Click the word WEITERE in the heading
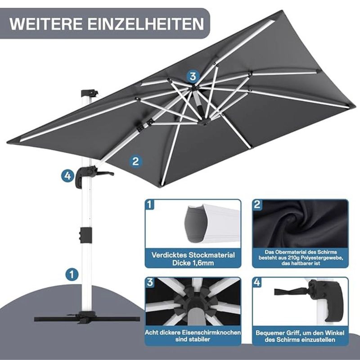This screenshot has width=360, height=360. click(x=46, y=24)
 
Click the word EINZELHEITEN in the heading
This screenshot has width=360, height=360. click(x=146, y=24)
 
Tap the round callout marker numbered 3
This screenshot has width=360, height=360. click(x=193, y=76)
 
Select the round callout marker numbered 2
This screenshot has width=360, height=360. click(x=135, y=161)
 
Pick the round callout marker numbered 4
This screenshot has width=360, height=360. click(x=67, y=176)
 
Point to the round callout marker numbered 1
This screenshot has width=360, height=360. click(x=72, y=274)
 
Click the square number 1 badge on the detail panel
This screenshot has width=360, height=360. click(x=150, y=204)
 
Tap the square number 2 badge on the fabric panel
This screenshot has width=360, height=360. click(x=257, y=204)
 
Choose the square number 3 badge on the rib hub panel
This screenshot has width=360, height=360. click(x=150, y=282)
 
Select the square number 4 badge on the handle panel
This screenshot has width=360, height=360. click(x=257, y=282)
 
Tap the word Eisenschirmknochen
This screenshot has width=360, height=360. click(x=211, y=333)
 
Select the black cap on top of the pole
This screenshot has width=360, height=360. click(x=90, y=93)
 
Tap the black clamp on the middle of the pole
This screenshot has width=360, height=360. click(x=85, y=235)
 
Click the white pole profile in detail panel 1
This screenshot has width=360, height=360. click(x=212, y=223)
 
